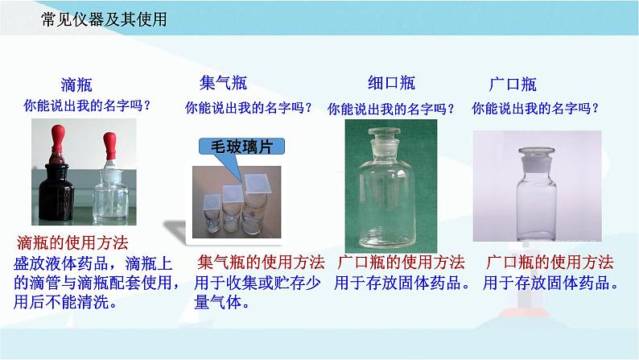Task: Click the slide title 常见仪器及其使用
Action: pos(104,19)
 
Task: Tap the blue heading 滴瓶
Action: pos(76,85)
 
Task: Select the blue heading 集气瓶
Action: pos(223,83)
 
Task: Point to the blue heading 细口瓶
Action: pos(391,83)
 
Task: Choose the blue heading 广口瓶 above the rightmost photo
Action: pos(513,85)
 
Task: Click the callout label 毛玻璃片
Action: pos(241,147)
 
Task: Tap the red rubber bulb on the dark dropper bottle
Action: pos(58,139)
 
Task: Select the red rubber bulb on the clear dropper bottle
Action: pos(109,146)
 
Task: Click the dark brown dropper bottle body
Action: pos(56,192)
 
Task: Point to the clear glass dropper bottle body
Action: pos(110,197)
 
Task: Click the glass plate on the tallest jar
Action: pos(258,183)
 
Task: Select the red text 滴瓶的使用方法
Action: pos(72,243)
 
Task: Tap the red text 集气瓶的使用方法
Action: pos(261,263)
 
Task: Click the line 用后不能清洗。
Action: pos(65,302)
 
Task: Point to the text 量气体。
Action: pos(221,303)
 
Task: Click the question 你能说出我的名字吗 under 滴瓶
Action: pos(87,106)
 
